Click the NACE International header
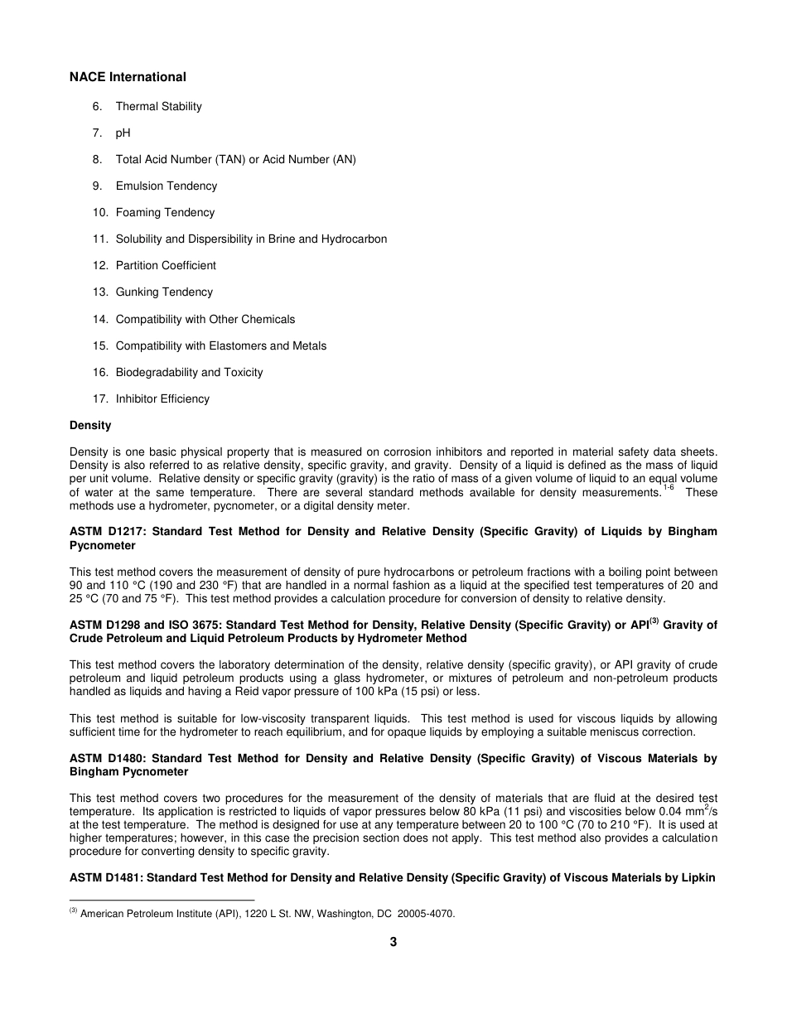[x=128, y=77]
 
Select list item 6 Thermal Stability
[x=158, y=106]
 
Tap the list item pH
[x=123, y=133]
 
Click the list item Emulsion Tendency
[x=166, y=186]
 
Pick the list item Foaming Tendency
[x=165, y=212]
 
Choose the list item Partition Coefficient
[x=166, y=265]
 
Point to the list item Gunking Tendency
[x=164, y=292]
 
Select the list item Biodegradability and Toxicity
[x=189, y=372]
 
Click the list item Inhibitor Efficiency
[x=162, y=398]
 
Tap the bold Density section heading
[x=90, y=425]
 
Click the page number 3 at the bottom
[x=393, y=942]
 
